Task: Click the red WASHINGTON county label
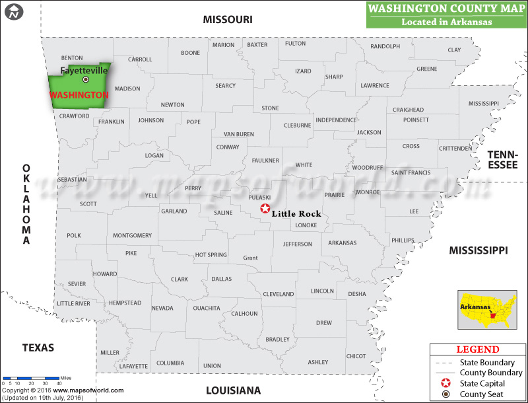pos(79,95)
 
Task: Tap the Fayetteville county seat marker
pos(85,79)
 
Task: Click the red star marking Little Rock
pos(265,209)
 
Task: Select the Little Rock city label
pos(296,213)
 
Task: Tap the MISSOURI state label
pos(228,20)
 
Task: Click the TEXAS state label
pos(38,348)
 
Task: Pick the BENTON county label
pos(72,58)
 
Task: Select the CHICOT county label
pos(356,356)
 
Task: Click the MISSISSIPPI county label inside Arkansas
pos(484,104)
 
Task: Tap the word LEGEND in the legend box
pos(478,349)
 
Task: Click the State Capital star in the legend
pos(446,383)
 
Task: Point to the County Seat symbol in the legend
pos(446,394)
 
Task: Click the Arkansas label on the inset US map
pos(475,307)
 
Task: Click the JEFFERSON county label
pos(298,244)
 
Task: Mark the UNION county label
pos(212,365)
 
